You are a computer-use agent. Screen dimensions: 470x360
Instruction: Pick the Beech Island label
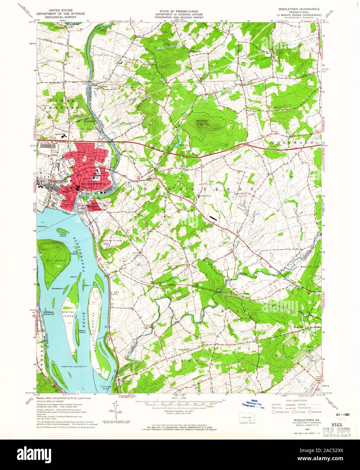point(82,331)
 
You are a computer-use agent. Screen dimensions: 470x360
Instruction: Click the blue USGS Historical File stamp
point(251,404)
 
